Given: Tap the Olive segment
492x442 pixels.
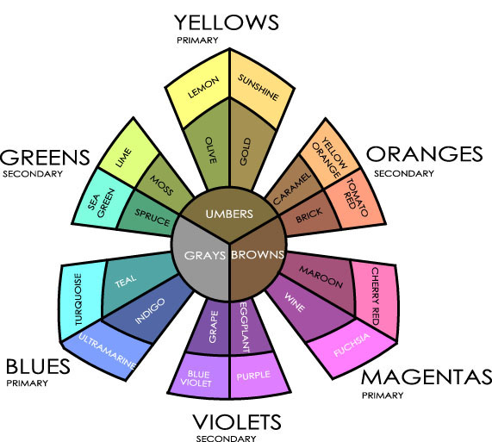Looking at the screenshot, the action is tap(209, 147).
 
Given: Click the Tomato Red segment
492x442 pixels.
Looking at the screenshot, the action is tap(356, 198).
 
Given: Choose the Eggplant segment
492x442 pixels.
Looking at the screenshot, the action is tap(248, 327).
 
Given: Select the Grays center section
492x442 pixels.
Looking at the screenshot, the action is tap(201, 260).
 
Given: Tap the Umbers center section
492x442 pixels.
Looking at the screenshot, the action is tap(229, 214).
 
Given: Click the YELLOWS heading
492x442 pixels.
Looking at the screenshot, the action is tap(227, 22).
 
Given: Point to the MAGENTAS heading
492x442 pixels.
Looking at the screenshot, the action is tap(427, 377).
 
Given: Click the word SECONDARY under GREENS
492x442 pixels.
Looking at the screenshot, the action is tap(33, 174).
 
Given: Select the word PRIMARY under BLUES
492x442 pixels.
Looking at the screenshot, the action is tap(28, 383).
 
